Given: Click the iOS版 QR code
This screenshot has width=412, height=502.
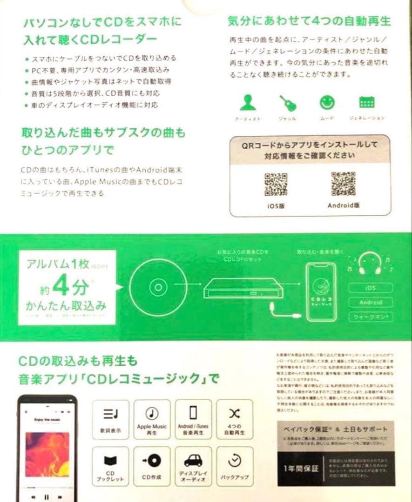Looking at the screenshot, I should point(276,185).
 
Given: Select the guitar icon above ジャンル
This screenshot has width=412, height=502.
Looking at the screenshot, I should point(287,103).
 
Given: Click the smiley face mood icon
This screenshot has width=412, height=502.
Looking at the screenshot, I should point(327,103).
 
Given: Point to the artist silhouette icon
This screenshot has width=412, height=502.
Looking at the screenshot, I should point(247,103).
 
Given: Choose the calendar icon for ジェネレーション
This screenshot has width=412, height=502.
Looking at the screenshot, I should point(367,102).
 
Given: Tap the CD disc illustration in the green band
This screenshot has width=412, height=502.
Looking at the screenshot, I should point(158,287).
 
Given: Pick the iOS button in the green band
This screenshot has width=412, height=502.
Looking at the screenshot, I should point(371,288).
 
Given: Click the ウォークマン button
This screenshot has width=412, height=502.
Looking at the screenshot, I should point(371,317).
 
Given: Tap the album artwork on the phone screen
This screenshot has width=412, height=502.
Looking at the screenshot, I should point(47,454).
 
